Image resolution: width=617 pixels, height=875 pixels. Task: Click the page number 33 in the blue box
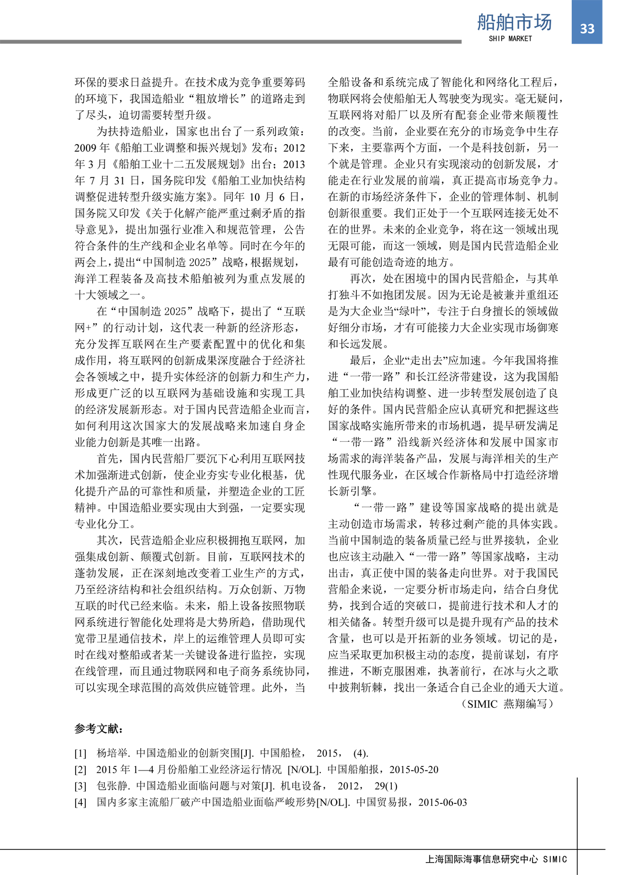587,29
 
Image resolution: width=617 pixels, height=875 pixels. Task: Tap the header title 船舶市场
514,22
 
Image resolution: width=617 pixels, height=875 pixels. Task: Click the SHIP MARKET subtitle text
510,39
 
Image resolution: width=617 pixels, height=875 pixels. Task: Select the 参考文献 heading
99,729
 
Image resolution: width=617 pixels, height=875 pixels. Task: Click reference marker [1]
81,754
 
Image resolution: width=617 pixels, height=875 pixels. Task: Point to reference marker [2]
81,770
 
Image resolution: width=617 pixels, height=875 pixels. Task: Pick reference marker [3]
81,786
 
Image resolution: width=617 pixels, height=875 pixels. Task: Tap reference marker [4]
81,803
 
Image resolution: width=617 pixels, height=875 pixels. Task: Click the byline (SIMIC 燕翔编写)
509,704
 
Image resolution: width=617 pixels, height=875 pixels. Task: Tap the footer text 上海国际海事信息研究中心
482,860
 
